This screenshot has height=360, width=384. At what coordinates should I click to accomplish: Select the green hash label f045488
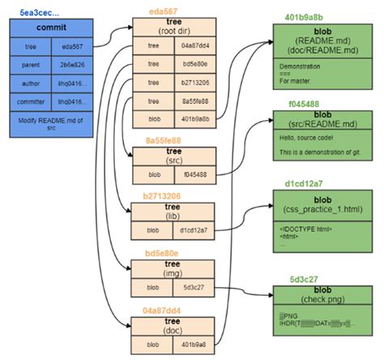tap(301, 105)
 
